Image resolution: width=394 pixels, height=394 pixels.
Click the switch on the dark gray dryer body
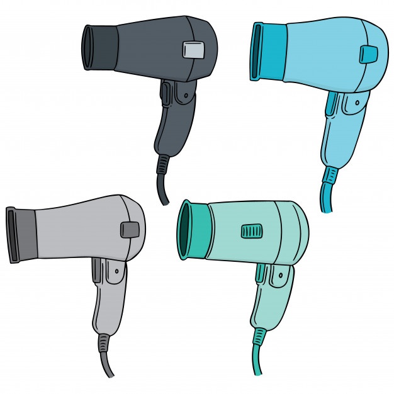click(194, 50)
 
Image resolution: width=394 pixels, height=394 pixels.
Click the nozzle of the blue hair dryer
click(267, 52)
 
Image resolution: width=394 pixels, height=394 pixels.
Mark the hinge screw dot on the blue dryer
click(357, 101)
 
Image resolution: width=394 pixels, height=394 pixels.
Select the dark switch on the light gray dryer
click(130, 230)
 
